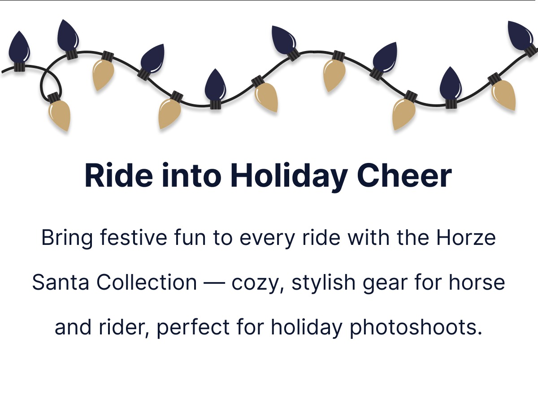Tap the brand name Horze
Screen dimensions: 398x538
tap(466, 237)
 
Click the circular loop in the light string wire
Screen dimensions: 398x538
tap(51, 82)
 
